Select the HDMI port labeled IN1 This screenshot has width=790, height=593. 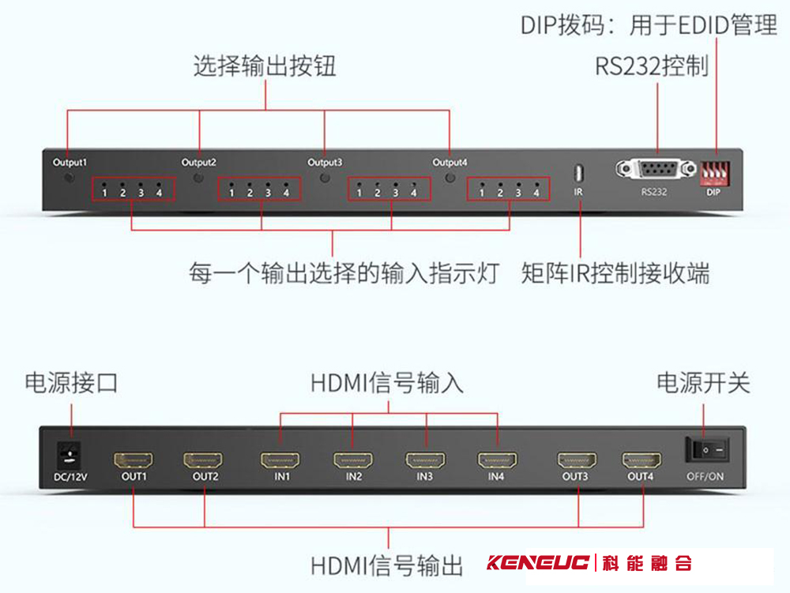coord(282,460)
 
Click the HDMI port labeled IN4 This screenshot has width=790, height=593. coord(495,460)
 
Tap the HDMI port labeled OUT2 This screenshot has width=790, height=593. coord(205,460)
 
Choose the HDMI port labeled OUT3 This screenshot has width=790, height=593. coord(577,460)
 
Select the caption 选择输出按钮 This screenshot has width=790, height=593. coord(265,66)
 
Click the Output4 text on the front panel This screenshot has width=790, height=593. coord(450,163)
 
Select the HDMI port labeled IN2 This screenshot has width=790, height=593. coord(353,460)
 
